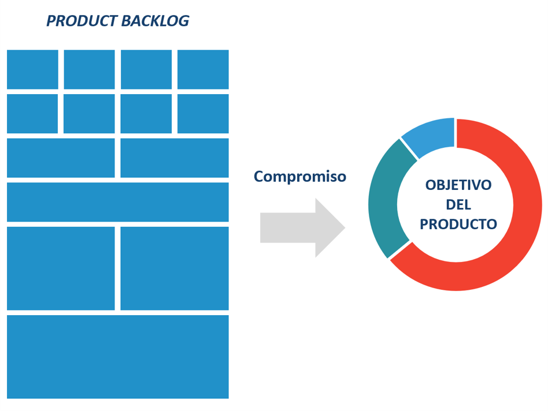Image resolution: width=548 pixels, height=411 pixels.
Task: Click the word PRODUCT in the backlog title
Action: click(x=82, y=21)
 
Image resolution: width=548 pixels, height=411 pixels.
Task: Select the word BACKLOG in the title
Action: click(x=155, y=21)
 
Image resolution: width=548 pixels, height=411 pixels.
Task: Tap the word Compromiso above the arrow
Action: click(x=300, y=176)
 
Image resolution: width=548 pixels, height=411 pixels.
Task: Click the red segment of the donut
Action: click(x=509, y=242)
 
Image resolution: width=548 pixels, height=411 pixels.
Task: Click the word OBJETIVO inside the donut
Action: click(x=458, y=185)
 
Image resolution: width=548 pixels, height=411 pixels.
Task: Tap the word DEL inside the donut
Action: click(x=458, y=205)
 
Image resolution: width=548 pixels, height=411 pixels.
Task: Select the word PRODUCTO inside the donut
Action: click(x=458, y=225)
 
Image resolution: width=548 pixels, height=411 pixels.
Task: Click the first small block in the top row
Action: click(x=32, y=69)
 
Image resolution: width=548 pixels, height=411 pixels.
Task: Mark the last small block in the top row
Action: click(x=203, y=69)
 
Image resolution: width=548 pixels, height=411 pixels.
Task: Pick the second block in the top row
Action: click(x=89, y=69)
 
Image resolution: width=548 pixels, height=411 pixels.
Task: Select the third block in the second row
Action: click(x=146, y=114)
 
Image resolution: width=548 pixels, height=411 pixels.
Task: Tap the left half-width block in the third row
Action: click(x=61, y=158)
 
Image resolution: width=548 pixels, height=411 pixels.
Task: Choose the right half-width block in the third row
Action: click(x=174, y=158)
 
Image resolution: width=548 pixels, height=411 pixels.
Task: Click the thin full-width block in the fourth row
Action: click(x=117, y=202)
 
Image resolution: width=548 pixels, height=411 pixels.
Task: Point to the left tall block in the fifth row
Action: click(x=61, y=268)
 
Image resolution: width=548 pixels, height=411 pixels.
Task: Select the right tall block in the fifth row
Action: click(x=174, y=268)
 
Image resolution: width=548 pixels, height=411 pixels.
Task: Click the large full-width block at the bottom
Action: click(x=117, y=357)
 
